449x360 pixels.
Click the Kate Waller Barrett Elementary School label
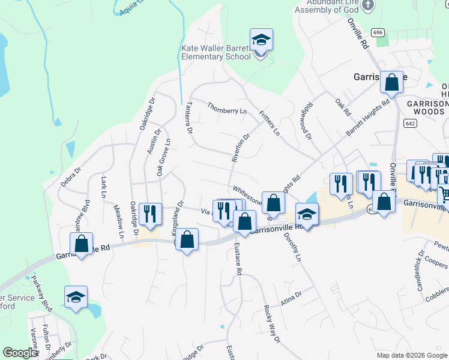coord(216,52)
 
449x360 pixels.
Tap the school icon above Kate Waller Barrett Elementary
coord(261,41)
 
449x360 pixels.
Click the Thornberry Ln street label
coord(227,110)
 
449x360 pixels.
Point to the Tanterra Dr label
coord(188,117)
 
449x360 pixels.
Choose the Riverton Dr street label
coord(241,147)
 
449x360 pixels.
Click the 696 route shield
coord(377,32)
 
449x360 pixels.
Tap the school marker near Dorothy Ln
coord(306,215)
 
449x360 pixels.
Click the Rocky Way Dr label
coord(272,325)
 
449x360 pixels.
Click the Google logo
coord(19,353)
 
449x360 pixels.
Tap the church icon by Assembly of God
coord(369,5)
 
